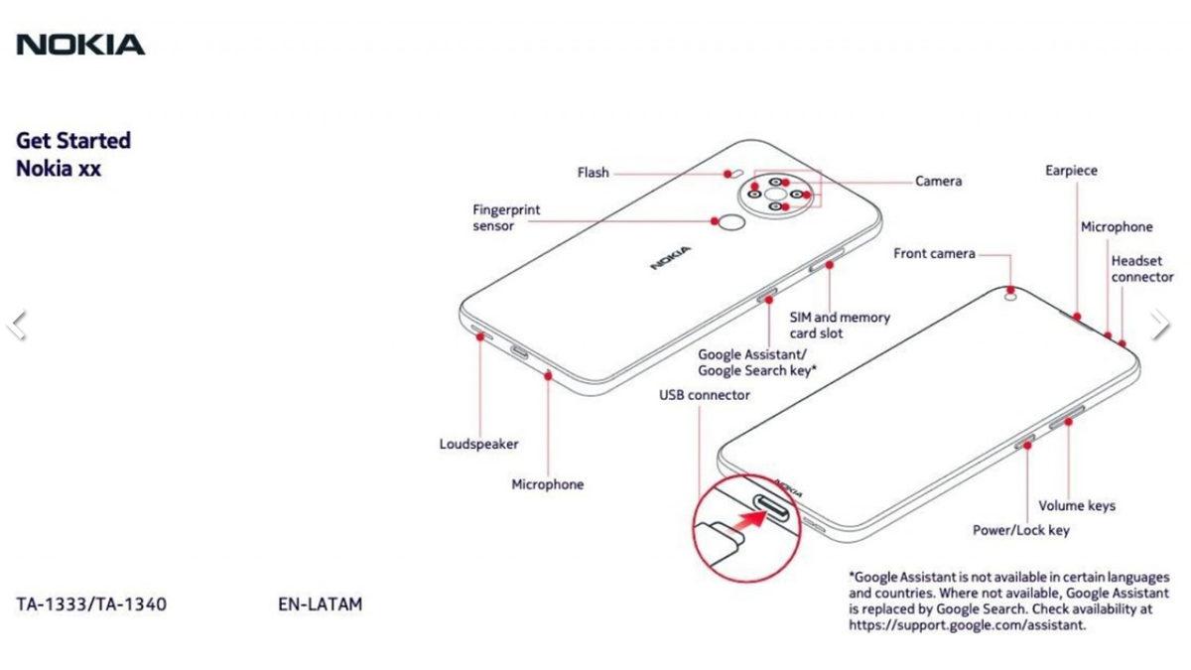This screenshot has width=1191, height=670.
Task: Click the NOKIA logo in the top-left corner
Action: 80,44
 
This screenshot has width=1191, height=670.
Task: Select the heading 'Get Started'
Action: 73,141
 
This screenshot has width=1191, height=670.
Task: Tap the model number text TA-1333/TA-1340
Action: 91,603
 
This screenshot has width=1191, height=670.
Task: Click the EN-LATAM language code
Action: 321,603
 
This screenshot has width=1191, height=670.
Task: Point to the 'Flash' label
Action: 593,173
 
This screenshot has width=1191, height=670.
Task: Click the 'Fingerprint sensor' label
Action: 506,218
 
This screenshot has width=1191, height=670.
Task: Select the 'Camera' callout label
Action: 938,182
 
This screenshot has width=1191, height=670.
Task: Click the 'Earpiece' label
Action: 1071,171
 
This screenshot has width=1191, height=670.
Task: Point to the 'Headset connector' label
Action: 1141,269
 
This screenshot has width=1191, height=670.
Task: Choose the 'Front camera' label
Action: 934,254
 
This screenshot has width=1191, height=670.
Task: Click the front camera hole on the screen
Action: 1011,294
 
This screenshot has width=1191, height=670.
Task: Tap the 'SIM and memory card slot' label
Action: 840,326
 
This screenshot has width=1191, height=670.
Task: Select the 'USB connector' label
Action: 705,395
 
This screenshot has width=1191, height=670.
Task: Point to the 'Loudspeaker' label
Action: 478,445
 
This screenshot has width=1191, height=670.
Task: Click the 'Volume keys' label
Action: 1077,506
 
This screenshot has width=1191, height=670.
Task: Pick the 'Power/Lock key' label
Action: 1020,530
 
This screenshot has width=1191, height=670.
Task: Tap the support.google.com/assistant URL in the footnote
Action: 967,625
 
